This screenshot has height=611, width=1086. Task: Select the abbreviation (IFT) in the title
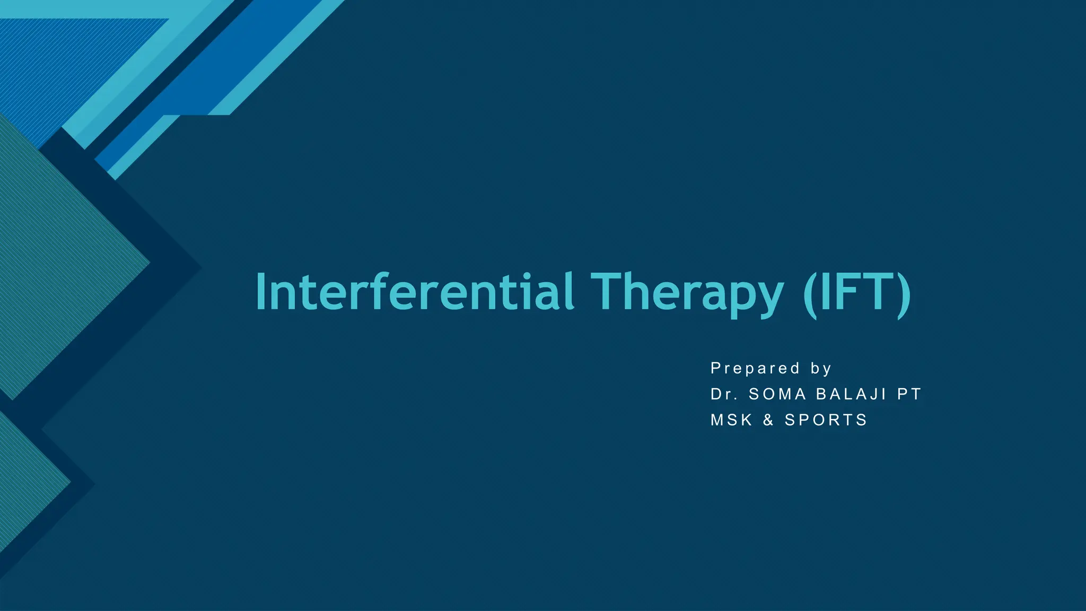[x=857, y=293]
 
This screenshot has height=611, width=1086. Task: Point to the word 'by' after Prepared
[x=821, y=369]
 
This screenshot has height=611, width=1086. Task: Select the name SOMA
[x=777, y=394]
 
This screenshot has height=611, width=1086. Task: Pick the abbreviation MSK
[x=732, y=420]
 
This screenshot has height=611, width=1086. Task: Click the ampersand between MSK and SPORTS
[x=768, y=420]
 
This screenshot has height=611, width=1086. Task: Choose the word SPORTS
[x=826, y=420]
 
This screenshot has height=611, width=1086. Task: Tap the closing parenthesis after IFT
[x=903, y=294]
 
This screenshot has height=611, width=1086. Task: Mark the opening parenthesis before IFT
[x=810, y=294]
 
